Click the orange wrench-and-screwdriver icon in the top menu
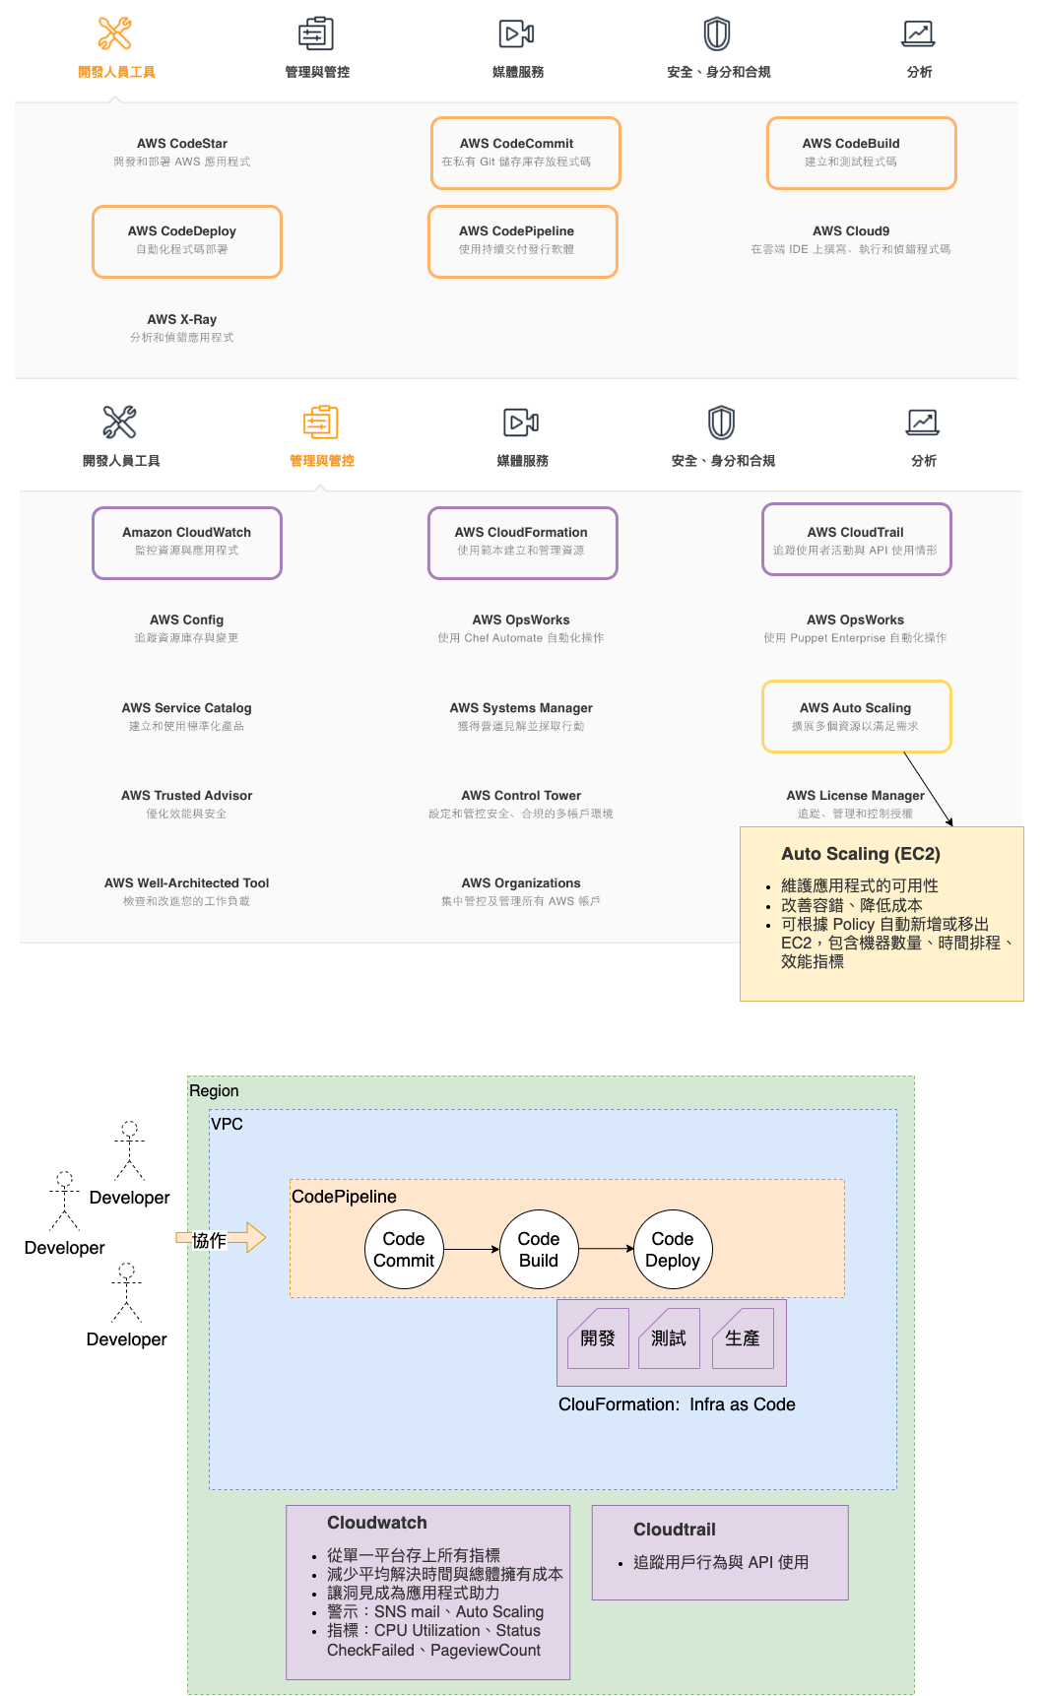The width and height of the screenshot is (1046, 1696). coord(115,33)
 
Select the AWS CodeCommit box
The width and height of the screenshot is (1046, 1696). coord(525,153)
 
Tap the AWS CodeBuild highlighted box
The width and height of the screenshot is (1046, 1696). coord(861,153)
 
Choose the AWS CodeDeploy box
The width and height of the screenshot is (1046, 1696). coord(187,241)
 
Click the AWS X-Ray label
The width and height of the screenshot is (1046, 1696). coord(182,320)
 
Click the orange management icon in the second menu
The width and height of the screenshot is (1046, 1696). coord(320,423)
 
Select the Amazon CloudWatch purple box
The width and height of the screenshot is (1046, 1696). coord(187,543)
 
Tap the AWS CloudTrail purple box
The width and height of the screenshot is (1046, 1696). coord(856,539)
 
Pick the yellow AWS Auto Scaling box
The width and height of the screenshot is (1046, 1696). coord(856,716)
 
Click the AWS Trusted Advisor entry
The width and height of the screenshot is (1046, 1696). coord(187,796)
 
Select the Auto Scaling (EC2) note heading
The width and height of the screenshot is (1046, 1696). coord(860,854)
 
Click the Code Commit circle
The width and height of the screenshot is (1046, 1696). coord(404,1250)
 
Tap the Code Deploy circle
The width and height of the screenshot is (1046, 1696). coord(673,1250)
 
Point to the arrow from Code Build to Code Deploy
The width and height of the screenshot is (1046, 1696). coord(606,1249)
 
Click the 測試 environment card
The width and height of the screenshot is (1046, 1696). coord(669,1338)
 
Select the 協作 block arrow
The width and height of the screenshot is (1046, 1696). coord(221,1238)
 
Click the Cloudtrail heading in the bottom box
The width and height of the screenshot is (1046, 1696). coord(674,1530)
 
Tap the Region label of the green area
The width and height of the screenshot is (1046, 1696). coord(214,1091)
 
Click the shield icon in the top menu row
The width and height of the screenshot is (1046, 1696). coord(716,33)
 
